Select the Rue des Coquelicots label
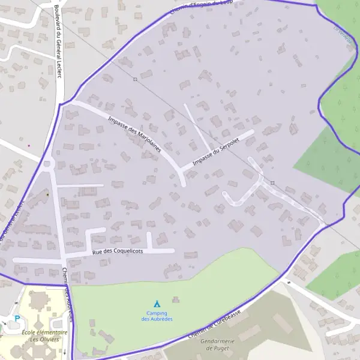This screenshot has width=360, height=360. tap(118, 252)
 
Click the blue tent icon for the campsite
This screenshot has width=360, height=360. tap(157, 304)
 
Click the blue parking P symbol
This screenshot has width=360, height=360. tap(17, 319)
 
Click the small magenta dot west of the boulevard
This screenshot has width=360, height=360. tap(28, 145)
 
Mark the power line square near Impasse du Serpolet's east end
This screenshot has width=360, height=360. tap(272, 182)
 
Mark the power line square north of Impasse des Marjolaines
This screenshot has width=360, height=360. tap(136, 79)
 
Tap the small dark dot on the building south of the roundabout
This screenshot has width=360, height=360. tap(47, 194)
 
